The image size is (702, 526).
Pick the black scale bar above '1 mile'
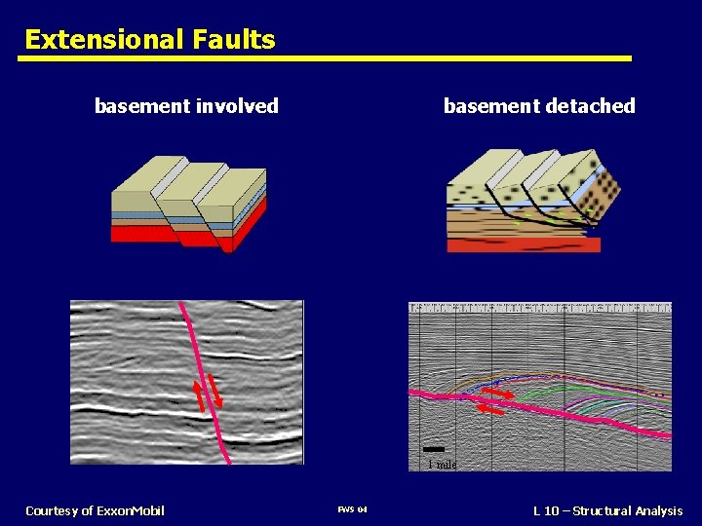(434, 450)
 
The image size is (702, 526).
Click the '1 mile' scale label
(442, 465)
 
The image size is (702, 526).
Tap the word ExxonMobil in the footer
(131, 511)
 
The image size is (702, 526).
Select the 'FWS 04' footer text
(351, 511)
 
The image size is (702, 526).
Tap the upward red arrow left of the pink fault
(199, 395)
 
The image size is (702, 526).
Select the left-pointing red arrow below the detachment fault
(490, 410)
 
